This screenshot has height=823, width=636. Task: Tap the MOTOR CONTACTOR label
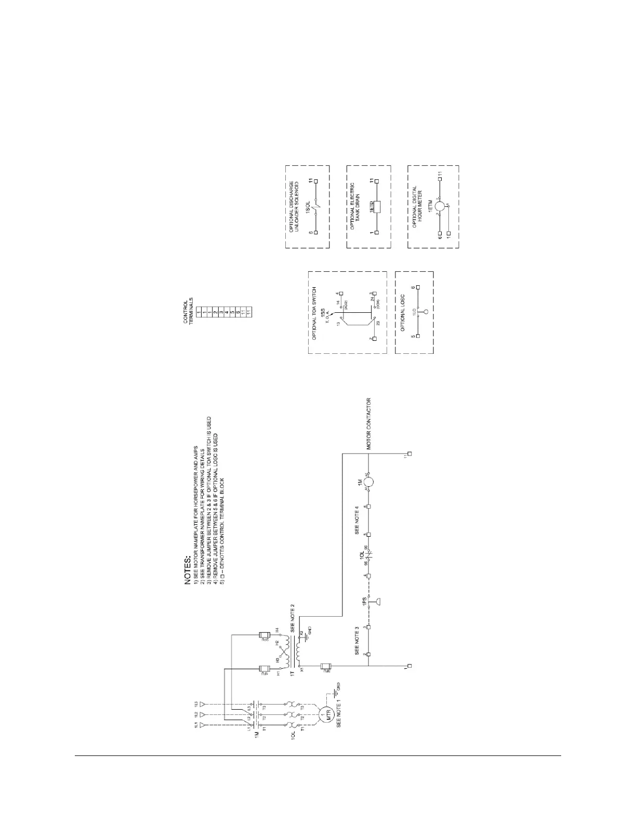tap(369, 423)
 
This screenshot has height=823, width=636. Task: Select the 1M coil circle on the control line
tap(369, 482)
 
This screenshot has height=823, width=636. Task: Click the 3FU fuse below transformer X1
tap(326, 666)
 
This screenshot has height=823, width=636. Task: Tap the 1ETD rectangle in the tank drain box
tap(377, 207)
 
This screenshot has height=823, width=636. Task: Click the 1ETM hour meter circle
tap(440, 207)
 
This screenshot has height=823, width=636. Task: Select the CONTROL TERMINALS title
tap(189, 311)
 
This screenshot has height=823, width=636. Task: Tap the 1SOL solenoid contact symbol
tap(316, 207)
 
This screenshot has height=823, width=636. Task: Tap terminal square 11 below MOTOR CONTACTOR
tap(410, 454)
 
